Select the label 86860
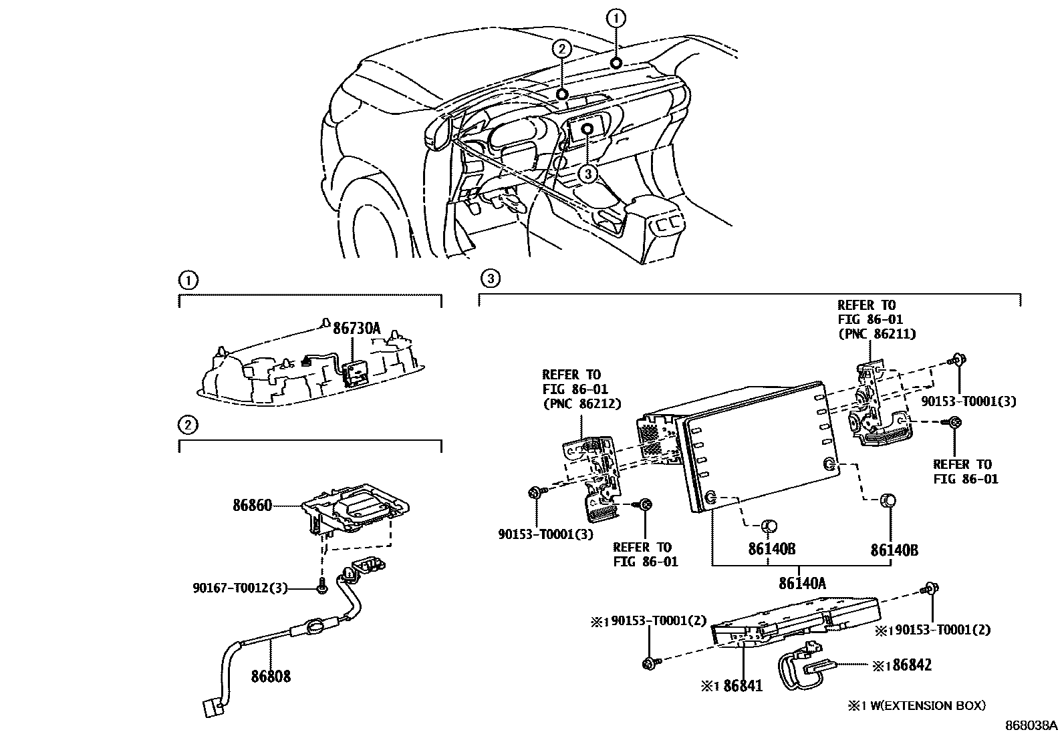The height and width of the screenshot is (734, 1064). click(252, 506)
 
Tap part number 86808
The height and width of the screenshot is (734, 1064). click(271, 677)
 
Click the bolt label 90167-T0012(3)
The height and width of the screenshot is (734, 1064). click(240, 588)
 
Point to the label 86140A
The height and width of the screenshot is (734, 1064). click(801, 584)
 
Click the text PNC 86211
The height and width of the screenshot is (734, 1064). click(876, 334)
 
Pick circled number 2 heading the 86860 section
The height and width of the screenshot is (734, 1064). click(188, 424)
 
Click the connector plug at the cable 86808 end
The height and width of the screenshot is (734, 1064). click(211, 707)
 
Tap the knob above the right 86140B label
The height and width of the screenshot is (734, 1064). click(888, 500)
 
